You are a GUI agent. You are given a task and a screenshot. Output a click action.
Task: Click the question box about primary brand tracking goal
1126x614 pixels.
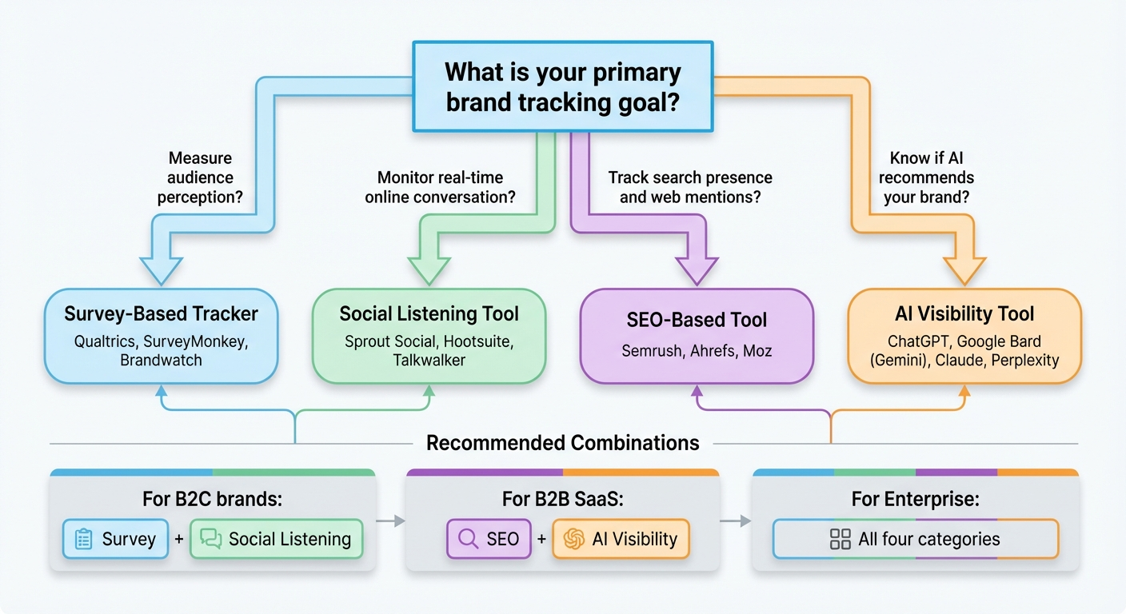[562, 86]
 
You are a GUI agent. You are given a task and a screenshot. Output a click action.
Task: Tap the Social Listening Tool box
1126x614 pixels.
[429, 336]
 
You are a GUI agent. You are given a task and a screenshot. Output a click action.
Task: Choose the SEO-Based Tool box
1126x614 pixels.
[696, 336]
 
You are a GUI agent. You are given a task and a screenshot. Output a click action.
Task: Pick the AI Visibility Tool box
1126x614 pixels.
[964, 336]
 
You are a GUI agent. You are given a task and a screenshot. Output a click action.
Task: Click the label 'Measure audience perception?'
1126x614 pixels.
[200, 177]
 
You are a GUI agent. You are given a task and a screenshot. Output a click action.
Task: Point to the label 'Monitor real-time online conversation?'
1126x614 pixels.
[440, 187]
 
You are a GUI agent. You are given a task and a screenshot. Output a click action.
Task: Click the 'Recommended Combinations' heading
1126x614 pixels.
[563, 443]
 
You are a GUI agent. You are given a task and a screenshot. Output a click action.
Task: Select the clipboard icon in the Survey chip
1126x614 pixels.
[83, 539]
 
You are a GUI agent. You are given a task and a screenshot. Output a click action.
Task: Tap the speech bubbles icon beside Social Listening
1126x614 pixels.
[211, 539]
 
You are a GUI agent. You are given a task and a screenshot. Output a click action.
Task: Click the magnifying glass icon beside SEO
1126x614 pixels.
[466, 539]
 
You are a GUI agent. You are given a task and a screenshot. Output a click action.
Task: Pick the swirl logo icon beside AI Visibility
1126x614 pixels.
[573, 539]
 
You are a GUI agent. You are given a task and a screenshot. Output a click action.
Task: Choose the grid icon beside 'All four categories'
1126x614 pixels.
[841, 539]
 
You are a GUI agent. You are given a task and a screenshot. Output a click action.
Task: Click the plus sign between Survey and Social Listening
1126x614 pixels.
[179, 539]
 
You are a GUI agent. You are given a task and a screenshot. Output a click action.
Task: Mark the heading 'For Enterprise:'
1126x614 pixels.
[915, 500]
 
